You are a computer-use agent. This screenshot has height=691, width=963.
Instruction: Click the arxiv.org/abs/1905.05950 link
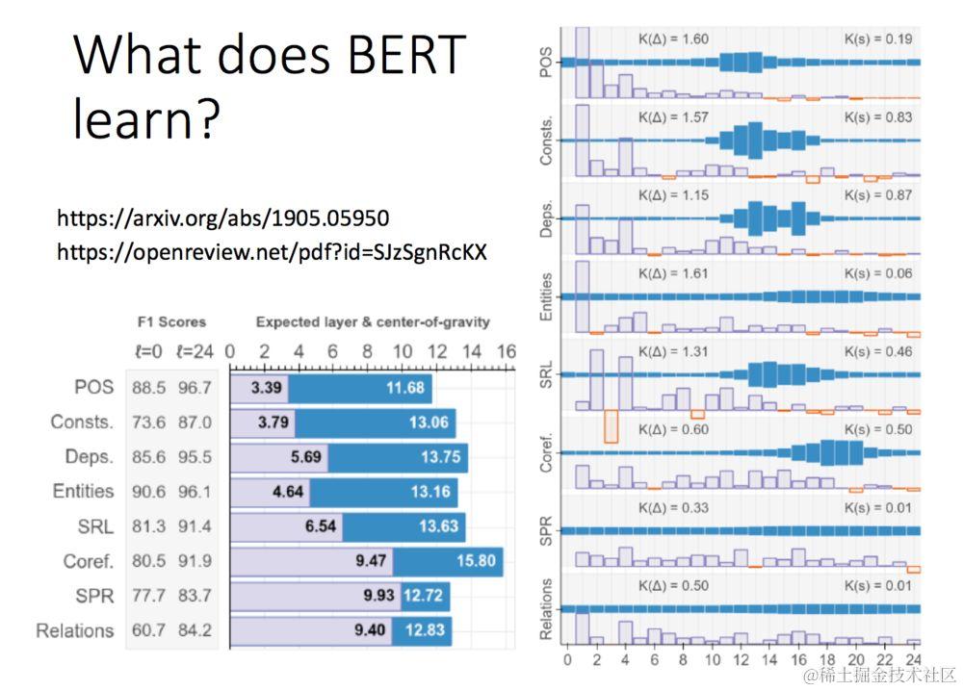click(223, 218)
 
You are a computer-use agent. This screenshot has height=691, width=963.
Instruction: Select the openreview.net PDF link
click(272, 252)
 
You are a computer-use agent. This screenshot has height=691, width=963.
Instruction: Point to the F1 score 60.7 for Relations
click(150, 631)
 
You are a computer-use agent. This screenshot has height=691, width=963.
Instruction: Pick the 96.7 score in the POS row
click(195, 389)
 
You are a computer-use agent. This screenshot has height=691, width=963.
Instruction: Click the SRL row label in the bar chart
click(95, 526)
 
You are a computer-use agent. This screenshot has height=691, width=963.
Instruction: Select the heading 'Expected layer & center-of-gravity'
click(373, 322)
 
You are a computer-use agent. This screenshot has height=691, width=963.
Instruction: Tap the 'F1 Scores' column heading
click(172, 322)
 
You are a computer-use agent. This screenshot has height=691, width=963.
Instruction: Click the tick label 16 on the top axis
click(507, 351)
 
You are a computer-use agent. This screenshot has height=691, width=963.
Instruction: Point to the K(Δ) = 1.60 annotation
click(674, 39)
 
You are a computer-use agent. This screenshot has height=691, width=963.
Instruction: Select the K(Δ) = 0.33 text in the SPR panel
click(674, 507)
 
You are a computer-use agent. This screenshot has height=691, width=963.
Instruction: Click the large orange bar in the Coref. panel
click(611, 426)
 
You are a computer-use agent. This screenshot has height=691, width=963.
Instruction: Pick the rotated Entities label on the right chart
click(546, 296)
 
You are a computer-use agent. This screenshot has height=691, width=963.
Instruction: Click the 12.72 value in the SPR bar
click(423, 596)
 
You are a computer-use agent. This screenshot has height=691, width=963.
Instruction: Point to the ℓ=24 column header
click(195, 351)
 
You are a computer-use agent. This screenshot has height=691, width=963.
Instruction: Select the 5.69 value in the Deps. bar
click(307, 458)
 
